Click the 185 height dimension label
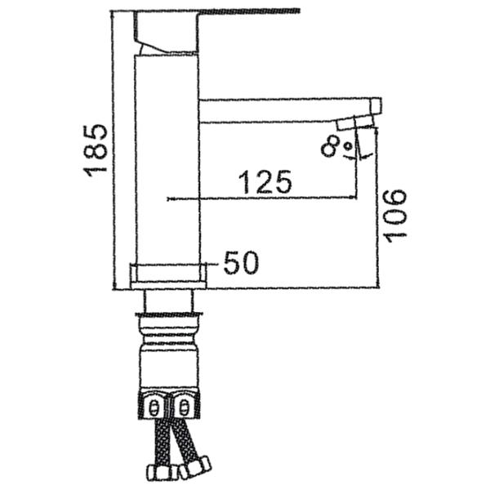pyautogui.click(x=96, y=150)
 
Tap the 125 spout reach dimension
pyautogui.click(x=265, y=182)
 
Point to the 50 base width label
pyautogui.click(x=242, y=263)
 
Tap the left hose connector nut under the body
pyautogui.click(x=154, y=405)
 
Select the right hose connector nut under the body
pyautogui.click(x=184, y=405)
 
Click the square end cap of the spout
pyautogui.click(x=376, y=105)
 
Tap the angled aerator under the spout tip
pyautogui.click(x=355, y=122)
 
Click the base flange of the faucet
pyautogui.click(x=168, y=276)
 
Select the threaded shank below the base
pyautogui.click(x=168, y=300)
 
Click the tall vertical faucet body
pyautogui.click(x=167, y=158)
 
